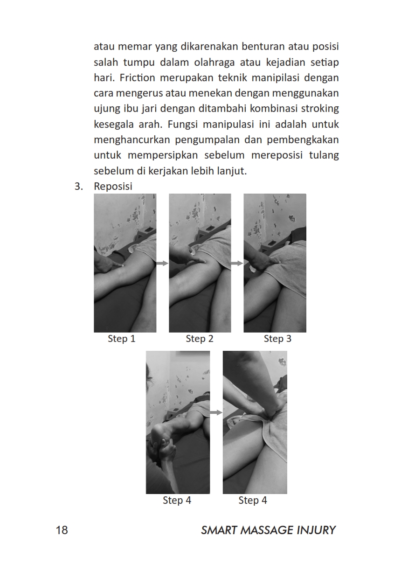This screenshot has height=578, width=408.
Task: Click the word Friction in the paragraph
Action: tap(137, 77)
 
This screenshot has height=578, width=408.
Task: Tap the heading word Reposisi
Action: tap(113, 187)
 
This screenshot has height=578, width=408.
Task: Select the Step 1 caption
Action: tap(122, 339)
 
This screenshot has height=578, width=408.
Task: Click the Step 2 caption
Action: tap(200, 339)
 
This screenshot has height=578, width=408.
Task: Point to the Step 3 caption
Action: tap(277, 339)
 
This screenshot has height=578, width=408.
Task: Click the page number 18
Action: tap(62, 530)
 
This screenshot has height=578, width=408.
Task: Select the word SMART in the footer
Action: tap(219, 530)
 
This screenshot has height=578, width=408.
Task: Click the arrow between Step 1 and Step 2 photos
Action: tap(162, 263)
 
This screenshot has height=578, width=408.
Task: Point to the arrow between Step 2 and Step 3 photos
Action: tap(237, 263)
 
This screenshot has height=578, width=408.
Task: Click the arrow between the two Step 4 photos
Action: tap(216, 412)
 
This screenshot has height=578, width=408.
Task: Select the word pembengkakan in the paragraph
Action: tap(303, 140)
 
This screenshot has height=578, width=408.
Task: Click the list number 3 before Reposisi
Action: tap(79, 187)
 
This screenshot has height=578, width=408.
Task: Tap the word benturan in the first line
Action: tap(262, 47)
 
